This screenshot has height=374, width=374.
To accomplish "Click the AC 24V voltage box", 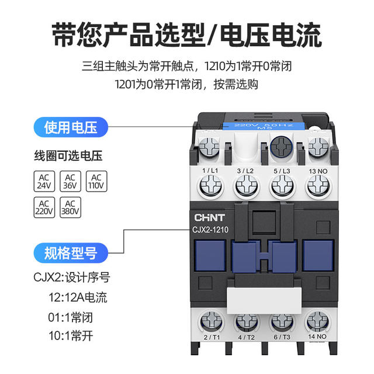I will pyautogui.click(x=44, y=181).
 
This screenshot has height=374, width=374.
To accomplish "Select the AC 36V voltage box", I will pyautogui.click(x=70, y=181).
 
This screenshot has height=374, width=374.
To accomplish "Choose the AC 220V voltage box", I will pyautogui.click(x=44, y=207).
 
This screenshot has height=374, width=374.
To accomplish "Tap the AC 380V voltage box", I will pyautogui.click(x=70, y=207).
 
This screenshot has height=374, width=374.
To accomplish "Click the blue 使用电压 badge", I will pyautogui.click(x=71, y=127).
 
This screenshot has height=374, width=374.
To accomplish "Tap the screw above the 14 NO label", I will pyautogui.click(x=317, y=323).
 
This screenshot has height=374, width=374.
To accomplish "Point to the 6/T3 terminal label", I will pyautogui.click(x=282, y=338).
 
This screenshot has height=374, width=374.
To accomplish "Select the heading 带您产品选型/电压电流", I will pyautogui.click(x=187, y=34).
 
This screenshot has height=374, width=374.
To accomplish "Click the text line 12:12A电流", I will pyautogui.click(x=78, y=297).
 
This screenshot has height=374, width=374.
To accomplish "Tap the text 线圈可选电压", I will pyautogui.click(x=68, y=156).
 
